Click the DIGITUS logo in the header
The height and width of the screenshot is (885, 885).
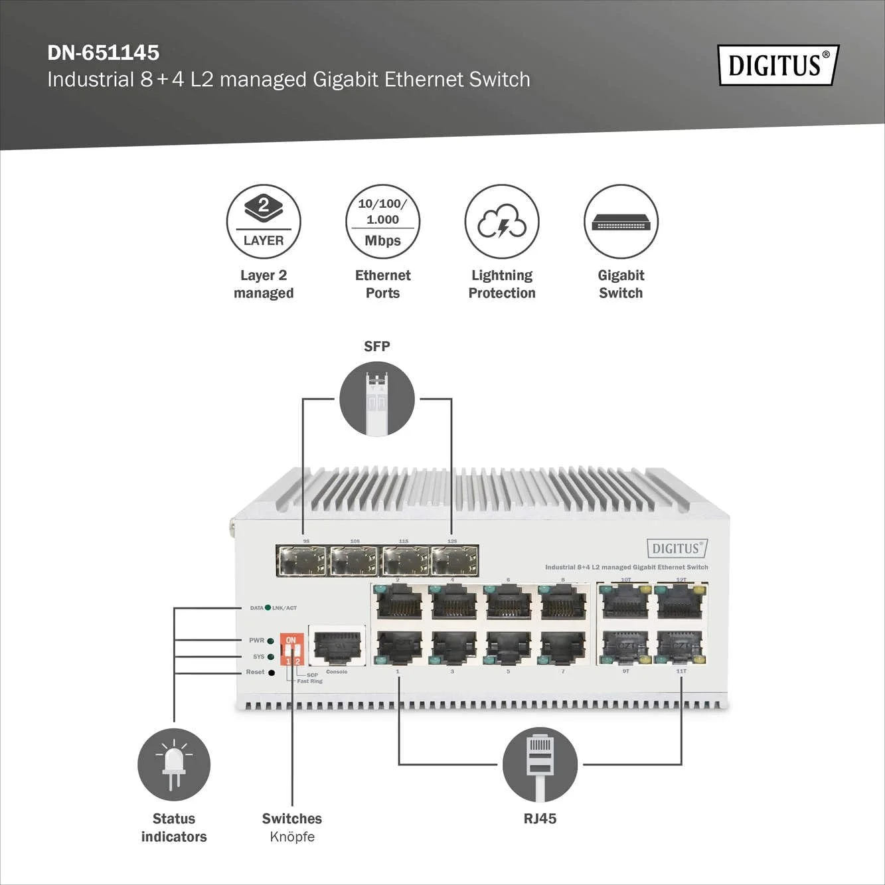tap(778, 65)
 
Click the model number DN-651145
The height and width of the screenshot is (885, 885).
tap(104, 52)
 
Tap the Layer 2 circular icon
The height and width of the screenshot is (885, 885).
tap(264, 222)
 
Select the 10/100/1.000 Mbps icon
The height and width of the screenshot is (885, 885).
tap(382, 222)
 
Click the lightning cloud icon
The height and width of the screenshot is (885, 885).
tap(502, 222)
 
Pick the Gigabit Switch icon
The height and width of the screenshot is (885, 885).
tap(621, 222)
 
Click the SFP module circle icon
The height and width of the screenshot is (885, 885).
tap(377, 399)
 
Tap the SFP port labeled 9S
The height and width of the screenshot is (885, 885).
tap(302, 561)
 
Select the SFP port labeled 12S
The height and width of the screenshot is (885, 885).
tap(455, 561)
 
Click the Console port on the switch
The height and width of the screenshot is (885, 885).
tap(337, 645)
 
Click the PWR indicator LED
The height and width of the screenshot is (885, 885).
tap(271, 641)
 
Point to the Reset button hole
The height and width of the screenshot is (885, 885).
tap(271, 673)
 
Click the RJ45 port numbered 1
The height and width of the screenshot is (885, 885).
tap(399, 647)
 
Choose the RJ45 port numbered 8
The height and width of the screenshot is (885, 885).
tap(564, 603)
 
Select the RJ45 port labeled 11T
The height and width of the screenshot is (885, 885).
tap(680, 647)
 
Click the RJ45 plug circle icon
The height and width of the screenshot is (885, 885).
tap(540, 764)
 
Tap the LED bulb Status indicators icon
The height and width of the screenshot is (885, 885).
tap(174, 764)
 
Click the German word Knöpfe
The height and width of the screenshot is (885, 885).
tap(292, 837)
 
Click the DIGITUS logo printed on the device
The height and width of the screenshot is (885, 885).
tap(677, 548)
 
